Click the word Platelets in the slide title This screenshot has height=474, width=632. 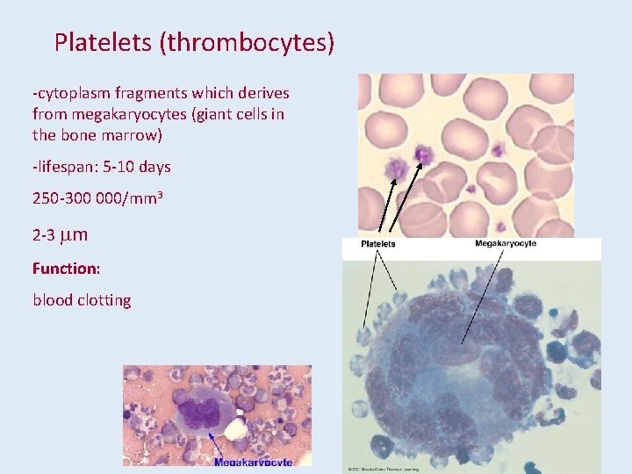[x=104, y=43]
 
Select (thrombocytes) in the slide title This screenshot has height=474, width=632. [x=247, y=43]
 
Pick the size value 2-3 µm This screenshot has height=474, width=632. [x=60, y=235]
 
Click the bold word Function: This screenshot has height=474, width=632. [x=67, y=268]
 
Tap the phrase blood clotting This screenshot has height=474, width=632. [x=82, y=300]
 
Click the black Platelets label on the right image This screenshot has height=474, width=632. [x=378, y=244]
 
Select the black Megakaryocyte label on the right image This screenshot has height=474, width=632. [x=506, y=243]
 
